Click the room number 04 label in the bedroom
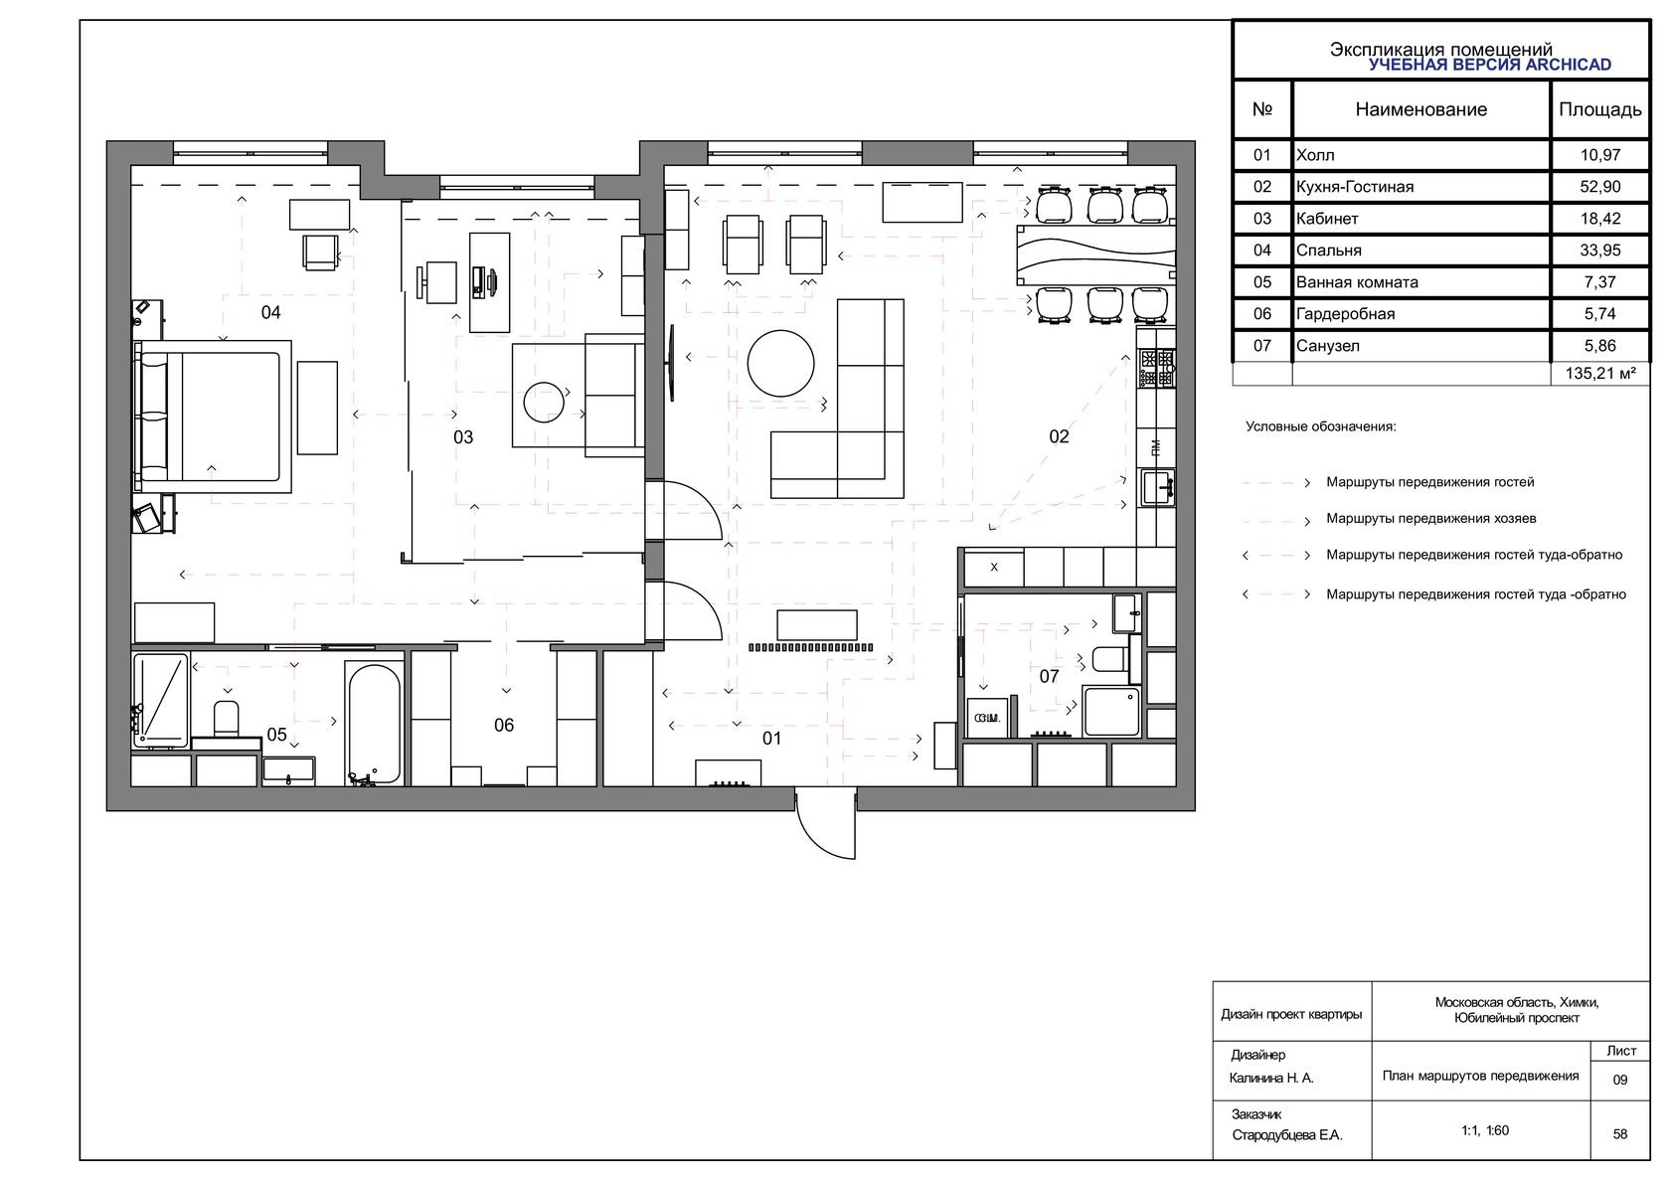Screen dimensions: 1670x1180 pyautogui.click(x=270, y=312)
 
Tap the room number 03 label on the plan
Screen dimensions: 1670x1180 pyautogui.click(x=463, y=436)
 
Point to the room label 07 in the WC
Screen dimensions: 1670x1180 pyautogui.click(x=1049, y=676)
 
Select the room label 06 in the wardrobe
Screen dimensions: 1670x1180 pyautogui.click(x=504, y=725)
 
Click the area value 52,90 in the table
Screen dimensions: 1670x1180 pyautogui.click(x=1600, y=186)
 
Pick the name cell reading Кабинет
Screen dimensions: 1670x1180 pyautogui.click(x=1327, y=219)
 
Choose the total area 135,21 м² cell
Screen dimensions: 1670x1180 pyautogui.click(x=1600, y=373)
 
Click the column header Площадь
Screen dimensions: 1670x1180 pyautogui.click(x=1600, y=109)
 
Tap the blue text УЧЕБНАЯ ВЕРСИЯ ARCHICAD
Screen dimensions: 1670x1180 pyautogui.click(x=1489, y=65)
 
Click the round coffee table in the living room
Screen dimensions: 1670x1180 pyautogui.click(x=780, y=363)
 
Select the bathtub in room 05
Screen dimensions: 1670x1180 pyautogui.click(x=374, y=723)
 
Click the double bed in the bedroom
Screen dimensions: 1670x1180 pyautogui.click(x=213, y=417)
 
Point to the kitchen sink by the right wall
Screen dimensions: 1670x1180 pyautogui.click(x=1156, y=487)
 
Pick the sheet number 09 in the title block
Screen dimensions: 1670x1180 pyautogui.click(x=1619, y=1080)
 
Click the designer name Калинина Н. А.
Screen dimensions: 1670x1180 pyautogui.click(x=1271, y=1078)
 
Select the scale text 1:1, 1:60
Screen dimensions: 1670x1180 pyautogui.click(x=1484, y=1130)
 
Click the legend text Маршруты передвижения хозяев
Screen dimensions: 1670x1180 pyautogui.click(x=1430, y=518)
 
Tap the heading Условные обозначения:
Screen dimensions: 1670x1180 pyautogui.click(x=1320, y=426)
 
